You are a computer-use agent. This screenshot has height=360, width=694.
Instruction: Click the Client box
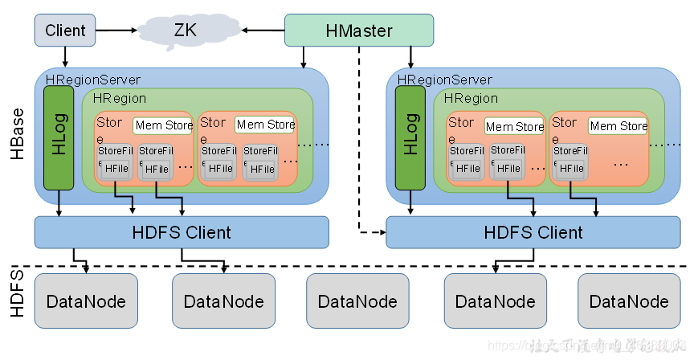click(x=65, y=31)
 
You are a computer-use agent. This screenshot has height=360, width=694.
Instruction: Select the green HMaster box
click(x=359, y=31)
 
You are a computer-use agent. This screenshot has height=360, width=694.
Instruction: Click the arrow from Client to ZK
click(x=116, y=31)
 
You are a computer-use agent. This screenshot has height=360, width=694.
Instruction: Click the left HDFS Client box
click(x=182, y=232)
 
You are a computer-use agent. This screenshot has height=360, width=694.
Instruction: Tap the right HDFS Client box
click(x=533, y=232)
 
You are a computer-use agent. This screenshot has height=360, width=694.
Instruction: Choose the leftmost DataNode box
click(x=86, y=301)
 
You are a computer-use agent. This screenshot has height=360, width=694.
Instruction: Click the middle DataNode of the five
click(x=357, y=301)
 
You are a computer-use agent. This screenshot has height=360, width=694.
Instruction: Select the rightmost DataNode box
click(x=628, y=301)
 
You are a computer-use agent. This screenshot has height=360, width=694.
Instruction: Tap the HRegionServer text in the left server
click(x=93, y=80)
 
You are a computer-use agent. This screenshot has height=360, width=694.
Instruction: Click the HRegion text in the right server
click(x=471, y=98)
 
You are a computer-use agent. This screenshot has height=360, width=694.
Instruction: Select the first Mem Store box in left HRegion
click(x=163, y=125)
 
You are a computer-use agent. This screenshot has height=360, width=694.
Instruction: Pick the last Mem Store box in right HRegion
click(x=618, y=126)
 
